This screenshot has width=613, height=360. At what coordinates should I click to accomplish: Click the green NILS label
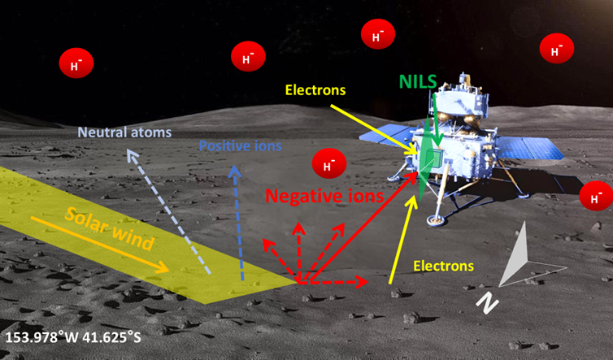tap(418, 81)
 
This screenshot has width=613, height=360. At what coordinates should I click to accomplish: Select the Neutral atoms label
tap(113, 132)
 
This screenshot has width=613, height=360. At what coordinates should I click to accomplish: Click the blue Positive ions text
tap(241, 147)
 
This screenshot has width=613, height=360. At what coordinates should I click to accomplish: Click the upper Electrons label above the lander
tap(316, 89)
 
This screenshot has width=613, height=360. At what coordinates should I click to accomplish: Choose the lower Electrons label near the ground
tap(444, 266)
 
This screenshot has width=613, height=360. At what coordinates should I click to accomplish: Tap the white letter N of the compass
tap(486, 302)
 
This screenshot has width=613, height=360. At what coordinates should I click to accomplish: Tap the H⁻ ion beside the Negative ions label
tap(329, 165)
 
